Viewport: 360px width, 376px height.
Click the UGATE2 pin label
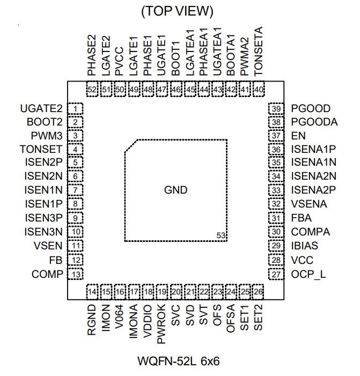pyautogui.click(x=41, y=109)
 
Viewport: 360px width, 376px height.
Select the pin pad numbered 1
pyautogui.click(x=75, y=109)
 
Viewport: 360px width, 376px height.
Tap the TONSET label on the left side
pyautogui.click(x=41, y=150)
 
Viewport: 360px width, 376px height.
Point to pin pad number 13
pyautogui.click(x=75, y=274)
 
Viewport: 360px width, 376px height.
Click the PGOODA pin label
pyautogui.click(x=314, y=122)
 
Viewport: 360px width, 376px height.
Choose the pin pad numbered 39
pyautogui.click(x=276, y=109)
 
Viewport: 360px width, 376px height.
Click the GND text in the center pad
pyautogui.click(x=176, y=190)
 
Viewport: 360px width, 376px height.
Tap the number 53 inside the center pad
pyautogui.click(x=221, y=235)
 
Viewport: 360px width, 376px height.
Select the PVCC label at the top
pyautogui.click(x=119, y=61)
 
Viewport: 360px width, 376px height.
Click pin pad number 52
pyautogui.click(x=92, y=90)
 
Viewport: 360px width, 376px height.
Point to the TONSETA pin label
pyautogui.click(x=258, y=51)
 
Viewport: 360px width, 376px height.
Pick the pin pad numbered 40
pyautogui.click(x=259, y=90)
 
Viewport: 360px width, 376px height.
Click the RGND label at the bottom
pyautogui.click(x=92, y=320)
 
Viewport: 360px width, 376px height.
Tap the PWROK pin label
pyautogui.click(x=161, y=324)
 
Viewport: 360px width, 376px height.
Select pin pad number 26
pyautogui.click(x=258, y=292)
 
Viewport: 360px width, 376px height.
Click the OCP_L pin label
pyautogui.click(x=308, y=275)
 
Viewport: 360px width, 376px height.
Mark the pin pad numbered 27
pyautogui.click(x=276, y=274)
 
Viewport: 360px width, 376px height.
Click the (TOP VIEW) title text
pyautogui.click(x=177, y=11)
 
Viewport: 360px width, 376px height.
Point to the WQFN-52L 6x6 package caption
pyautogui.click(x=179, y=361)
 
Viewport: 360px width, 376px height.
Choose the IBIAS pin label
pyautogui.click(x=305, y=246)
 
